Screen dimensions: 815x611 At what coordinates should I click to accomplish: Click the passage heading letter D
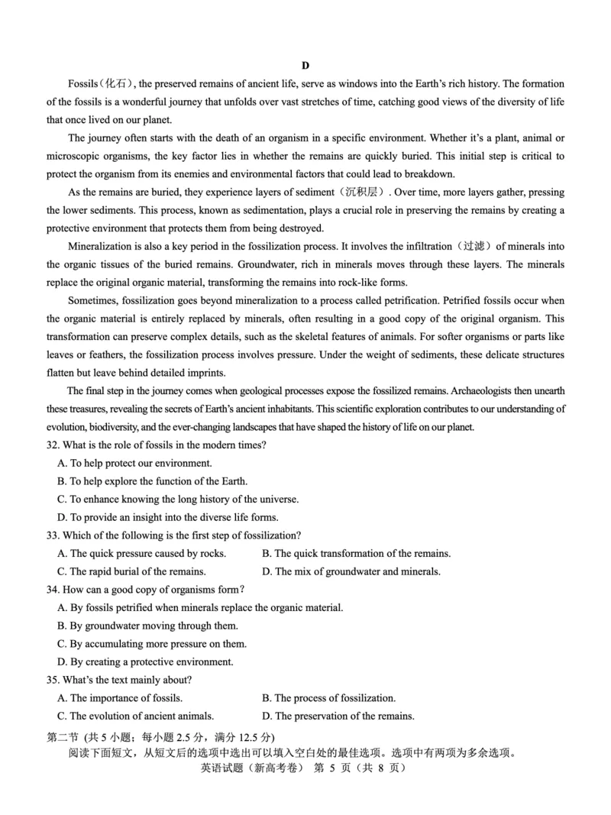(305, 66)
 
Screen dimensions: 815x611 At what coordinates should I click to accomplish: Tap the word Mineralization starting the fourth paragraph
(102, 247)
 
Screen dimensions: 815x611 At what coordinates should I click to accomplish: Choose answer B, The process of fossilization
(328, 697)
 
